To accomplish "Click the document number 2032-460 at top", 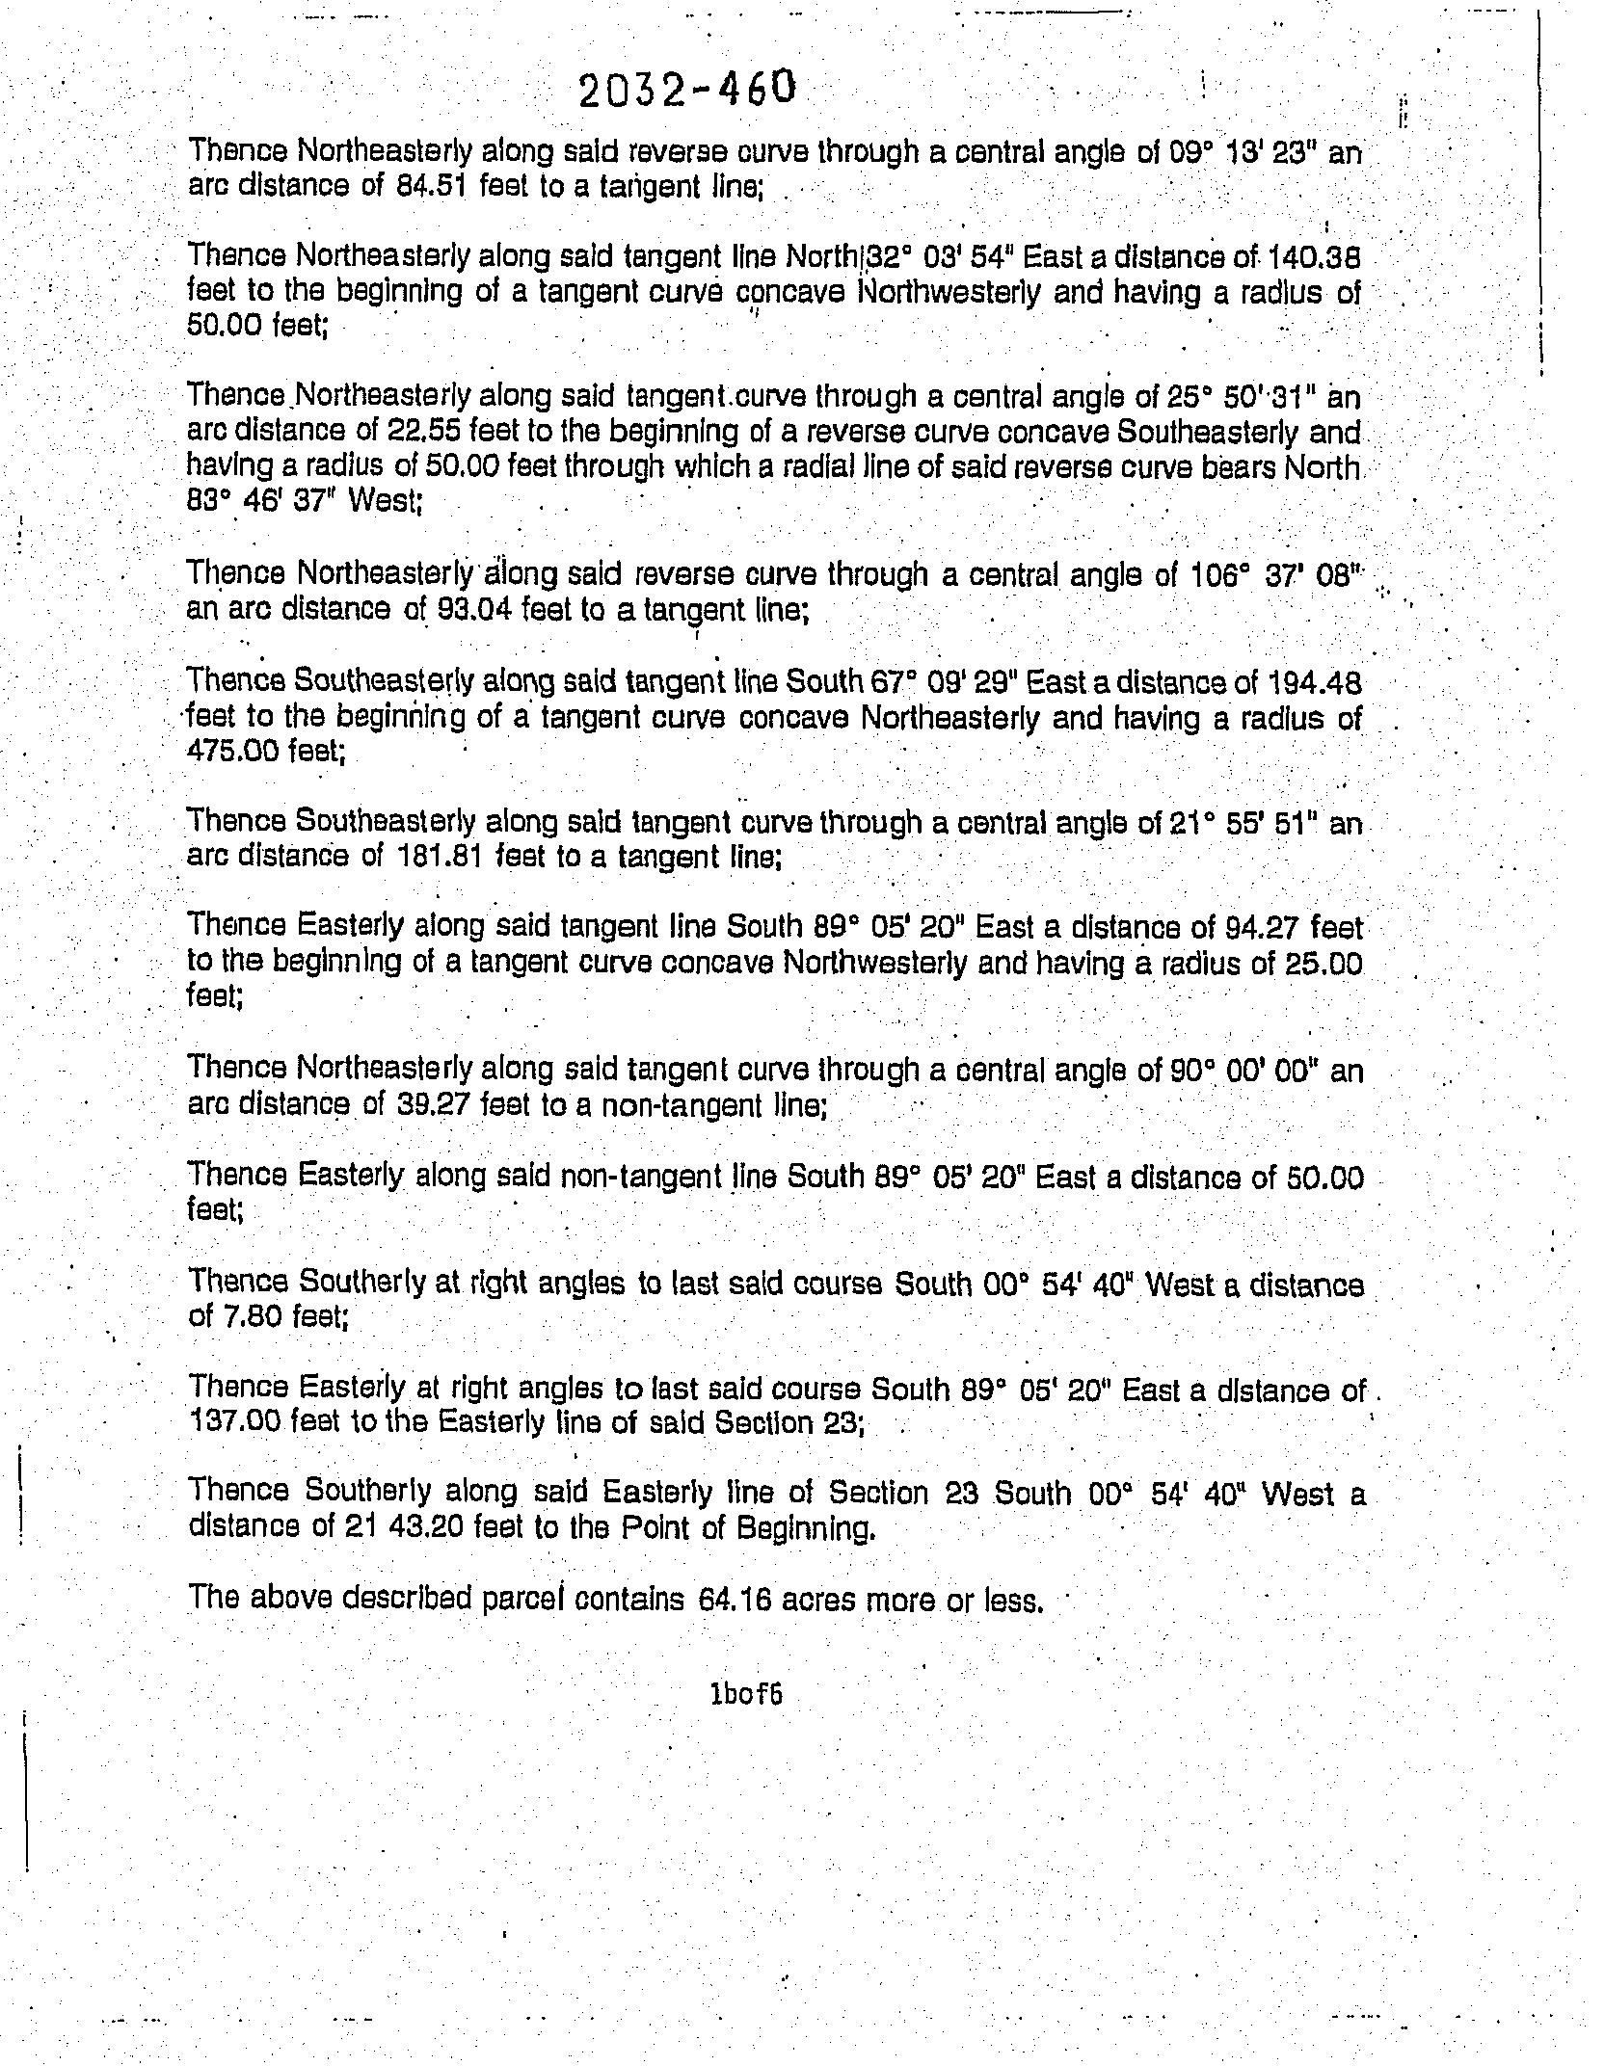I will (687, 90).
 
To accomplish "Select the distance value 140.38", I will (1314, 256).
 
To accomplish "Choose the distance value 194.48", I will (1316, 684).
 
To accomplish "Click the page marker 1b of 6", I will (744, 1694).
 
